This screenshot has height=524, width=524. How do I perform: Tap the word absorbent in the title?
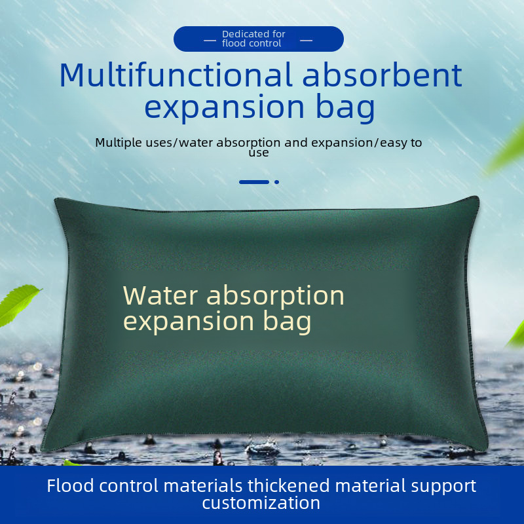(x=382, y=75)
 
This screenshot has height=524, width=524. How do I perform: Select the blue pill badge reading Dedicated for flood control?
(x=259, y=39)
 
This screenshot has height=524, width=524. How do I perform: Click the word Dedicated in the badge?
(x=244, y=34)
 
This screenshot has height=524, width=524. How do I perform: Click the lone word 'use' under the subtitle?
(x=259, y=153)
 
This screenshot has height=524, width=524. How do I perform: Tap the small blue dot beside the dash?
(x=277, y=182)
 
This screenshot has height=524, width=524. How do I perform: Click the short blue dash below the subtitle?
(x=254, y=182)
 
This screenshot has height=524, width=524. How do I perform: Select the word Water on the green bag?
(x=160, y=295)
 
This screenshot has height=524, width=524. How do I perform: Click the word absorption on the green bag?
(x=276, y=296)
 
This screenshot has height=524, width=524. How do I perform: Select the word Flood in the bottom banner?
(x=70, y=486)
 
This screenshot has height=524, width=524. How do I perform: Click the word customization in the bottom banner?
(x=261, y=502)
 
